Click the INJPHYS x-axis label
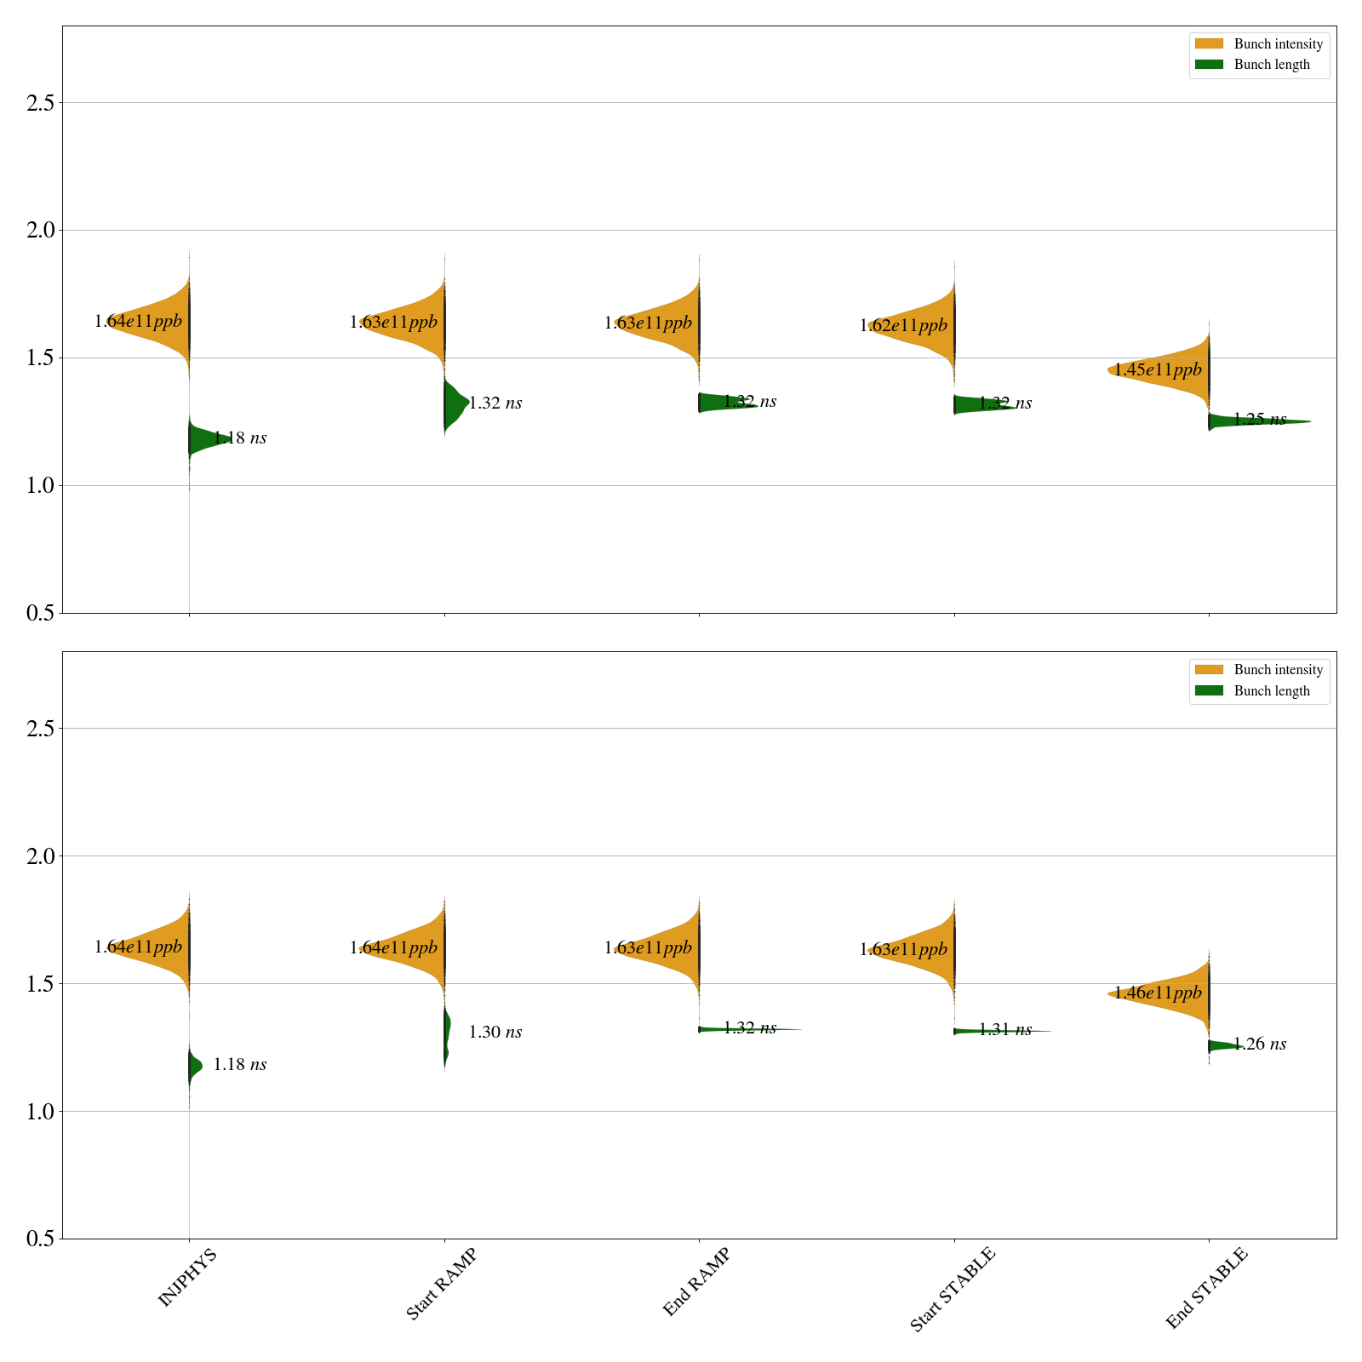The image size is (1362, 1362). click(x=187, y=1277)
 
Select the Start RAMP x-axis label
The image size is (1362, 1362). click(x=440, y=1284)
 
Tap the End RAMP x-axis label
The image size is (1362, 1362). click(x=696, y=1282)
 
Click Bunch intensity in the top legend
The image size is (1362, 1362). click(x=1278, y=44)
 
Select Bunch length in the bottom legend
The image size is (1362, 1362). click(x=1272, y=691)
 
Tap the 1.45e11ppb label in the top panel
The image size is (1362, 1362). click(x=1158, y=370)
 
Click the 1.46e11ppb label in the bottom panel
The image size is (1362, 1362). click(x=1158, y=993)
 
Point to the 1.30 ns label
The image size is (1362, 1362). click(x=495, y=1033)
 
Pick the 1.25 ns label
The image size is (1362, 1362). click(x=1260, y=420)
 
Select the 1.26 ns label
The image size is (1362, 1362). click(x=1260, y=1044)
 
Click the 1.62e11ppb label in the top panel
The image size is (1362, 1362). click(x=903, y=326)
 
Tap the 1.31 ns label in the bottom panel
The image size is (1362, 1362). click(x=1005, y=1030)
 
